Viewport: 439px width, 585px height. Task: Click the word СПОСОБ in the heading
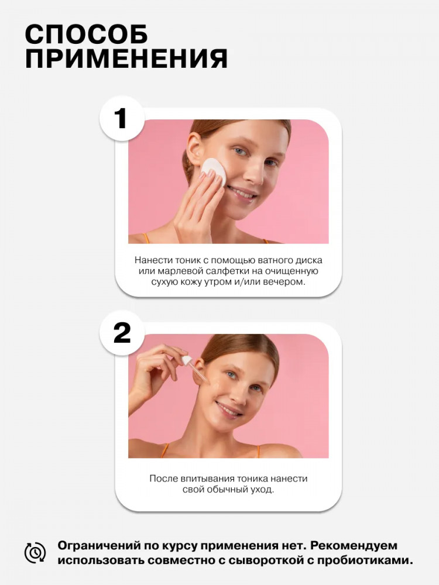click(x=86, y=35)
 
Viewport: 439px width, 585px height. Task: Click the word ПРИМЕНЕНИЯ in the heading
click(x=126, y=59)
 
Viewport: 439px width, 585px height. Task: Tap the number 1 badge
click(x=121, y=119)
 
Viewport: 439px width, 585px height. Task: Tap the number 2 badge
click(x=121, y=333)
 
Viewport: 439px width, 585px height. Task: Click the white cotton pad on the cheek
click(x=214, y=171)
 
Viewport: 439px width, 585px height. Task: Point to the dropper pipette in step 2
click(x=196, y=369)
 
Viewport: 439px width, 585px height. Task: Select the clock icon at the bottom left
click(x=36, y=553)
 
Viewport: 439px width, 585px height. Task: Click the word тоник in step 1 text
click(x=184, y=260)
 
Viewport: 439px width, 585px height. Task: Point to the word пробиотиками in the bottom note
click(x=366, y=561)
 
